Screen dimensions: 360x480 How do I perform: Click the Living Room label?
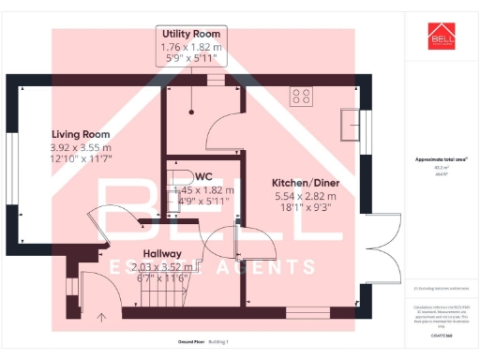point(80,135)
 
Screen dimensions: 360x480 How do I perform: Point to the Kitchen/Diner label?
point(304,182)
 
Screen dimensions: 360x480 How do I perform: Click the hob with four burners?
point(302,95)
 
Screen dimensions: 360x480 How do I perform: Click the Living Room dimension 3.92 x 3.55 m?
point(80,148)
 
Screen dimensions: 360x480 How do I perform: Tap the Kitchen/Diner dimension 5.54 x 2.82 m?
point(304,196)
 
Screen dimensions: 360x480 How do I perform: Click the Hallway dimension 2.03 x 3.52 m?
point(165,266)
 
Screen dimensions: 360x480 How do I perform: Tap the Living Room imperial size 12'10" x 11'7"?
point(80,160)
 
